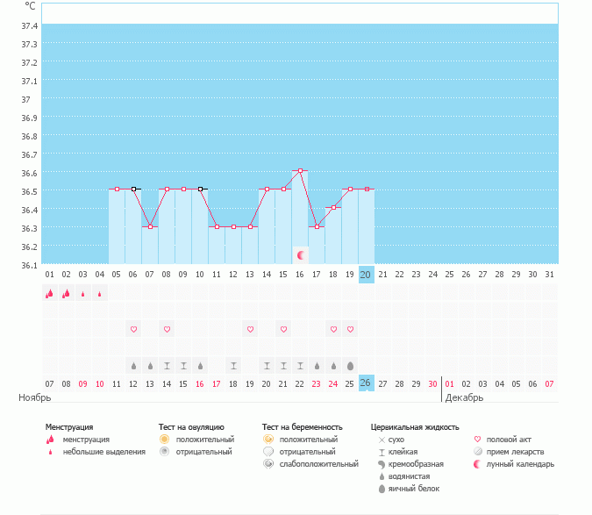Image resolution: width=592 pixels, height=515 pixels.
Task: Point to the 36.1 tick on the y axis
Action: tap(30, 265)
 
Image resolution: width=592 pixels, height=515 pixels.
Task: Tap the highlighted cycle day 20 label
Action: tap(367, 275)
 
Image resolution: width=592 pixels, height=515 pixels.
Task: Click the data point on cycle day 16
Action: tap(300, 170)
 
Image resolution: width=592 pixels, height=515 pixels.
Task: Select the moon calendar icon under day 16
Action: tap(301, 255)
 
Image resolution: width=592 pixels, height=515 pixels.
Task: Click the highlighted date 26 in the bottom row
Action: tap(367, 383)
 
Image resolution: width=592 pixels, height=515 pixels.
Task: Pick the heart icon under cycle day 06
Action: tap(134, 329)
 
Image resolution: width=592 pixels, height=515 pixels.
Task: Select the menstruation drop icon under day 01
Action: tap(50, 294)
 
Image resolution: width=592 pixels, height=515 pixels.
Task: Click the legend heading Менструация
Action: tap(68, 426)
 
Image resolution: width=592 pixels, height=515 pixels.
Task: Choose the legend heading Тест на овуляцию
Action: tap(191, 426)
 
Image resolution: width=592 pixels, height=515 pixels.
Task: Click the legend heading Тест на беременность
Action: tap(302, 426)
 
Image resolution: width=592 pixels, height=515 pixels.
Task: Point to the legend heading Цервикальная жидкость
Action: tap(415, 426)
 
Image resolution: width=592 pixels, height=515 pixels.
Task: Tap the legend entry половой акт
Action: tap(510, 439)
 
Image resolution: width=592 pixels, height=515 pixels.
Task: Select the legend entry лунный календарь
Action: tap(521, 463)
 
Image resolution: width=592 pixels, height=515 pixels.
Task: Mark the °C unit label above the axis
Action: tap(30, 6)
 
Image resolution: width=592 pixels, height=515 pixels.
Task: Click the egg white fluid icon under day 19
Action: tap(351, 365)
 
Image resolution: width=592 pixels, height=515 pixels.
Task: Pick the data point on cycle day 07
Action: tap(150, 226)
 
